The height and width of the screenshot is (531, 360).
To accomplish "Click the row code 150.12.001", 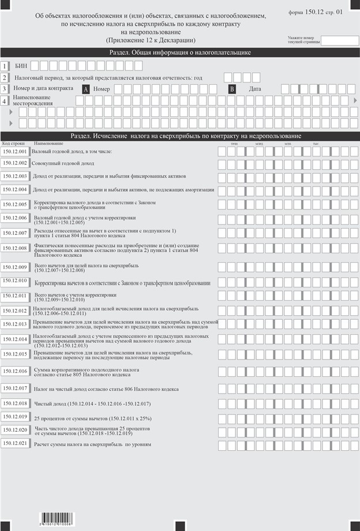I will point(15,151).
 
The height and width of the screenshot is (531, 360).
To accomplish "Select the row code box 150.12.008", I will point(15,248).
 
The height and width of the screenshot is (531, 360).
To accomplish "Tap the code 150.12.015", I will point(15,354).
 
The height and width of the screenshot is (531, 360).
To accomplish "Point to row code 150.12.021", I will point(15,443).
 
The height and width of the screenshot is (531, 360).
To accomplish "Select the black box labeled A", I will point(86,89).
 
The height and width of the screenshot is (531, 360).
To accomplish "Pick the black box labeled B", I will point(232,89).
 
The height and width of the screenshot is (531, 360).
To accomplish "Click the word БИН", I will point(21,66).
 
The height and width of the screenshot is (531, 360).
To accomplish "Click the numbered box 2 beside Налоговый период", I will point(5,77).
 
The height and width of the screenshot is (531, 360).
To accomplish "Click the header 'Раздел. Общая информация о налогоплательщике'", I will point(180,53).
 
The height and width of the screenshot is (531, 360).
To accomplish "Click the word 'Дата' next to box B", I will point(255,89).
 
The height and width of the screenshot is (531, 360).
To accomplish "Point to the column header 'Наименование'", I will point(48,143).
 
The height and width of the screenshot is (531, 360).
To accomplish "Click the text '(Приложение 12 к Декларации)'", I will point(151,40).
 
